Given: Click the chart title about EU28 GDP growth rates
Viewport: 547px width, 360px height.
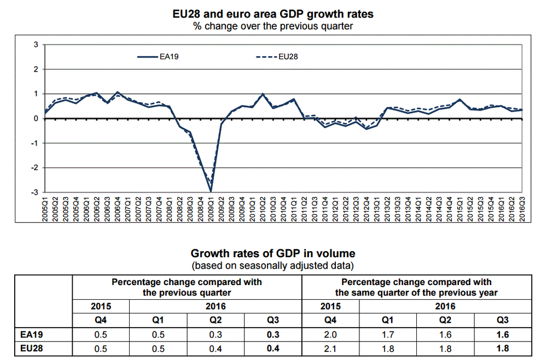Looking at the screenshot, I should pos(273,13).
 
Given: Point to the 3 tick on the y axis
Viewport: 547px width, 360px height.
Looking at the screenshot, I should pos(36,45).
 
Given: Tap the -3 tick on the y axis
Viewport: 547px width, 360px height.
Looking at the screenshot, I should pos(34,193).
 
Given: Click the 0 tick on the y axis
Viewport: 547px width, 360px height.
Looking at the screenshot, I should pos(36,119).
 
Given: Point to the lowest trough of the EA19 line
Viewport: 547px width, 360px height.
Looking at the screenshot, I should pos(211,191).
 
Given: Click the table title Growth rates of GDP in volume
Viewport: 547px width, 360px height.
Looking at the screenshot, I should pos(273,254).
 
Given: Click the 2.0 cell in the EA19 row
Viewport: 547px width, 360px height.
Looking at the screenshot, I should pos(330,333).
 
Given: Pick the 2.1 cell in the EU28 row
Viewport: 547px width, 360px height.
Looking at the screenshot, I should pos(330,346).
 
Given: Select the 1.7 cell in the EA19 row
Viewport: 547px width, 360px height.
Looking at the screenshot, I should pos(388,333).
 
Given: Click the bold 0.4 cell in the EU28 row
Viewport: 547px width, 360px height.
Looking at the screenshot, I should pos(273,346).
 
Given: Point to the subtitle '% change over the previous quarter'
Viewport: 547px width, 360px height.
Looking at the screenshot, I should pos(273,25).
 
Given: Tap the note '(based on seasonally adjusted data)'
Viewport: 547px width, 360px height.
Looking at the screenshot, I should pos(273,266).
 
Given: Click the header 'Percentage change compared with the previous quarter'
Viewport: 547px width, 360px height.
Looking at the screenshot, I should pos(187,287).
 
